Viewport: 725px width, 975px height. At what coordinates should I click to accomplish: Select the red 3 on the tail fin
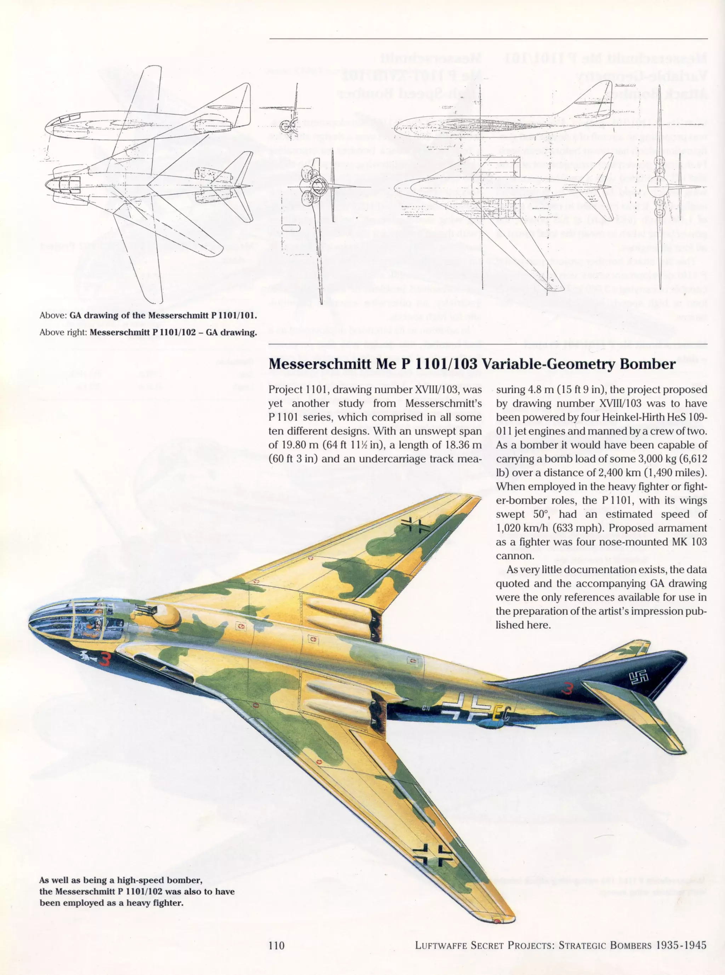tap(567, 689)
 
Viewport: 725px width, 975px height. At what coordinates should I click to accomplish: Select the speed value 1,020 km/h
tap(520, 528)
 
